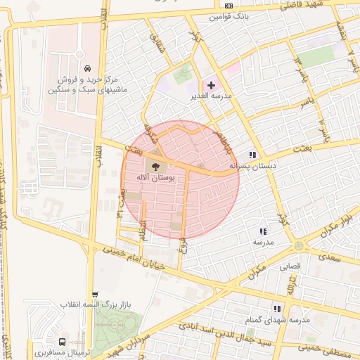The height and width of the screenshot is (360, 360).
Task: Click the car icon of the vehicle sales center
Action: pos(86,68)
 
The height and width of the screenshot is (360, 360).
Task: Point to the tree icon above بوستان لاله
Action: pos(155,167)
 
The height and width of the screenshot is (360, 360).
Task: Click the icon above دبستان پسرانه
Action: pos(252,155)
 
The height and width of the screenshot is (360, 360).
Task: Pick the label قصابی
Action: pos(290,266)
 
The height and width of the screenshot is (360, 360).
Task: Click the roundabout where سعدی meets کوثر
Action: pos(300,245)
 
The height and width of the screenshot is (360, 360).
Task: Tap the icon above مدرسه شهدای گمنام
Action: pos(277,308)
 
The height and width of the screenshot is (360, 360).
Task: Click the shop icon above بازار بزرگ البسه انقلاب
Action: pos(96,295)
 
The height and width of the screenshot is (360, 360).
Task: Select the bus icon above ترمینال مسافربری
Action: pos(64,340)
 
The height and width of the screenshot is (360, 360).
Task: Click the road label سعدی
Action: pos(329,257)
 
